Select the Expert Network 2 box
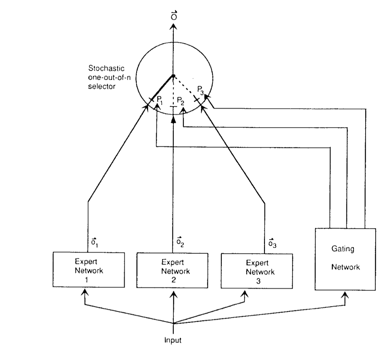click(x=172, y=270)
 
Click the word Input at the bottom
click(x=173, y=340)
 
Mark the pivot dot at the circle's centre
click(x=173, y=76)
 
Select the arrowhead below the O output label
click(x=173, y=27)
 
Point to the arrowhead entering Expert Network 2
click(x=173, y=292)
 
